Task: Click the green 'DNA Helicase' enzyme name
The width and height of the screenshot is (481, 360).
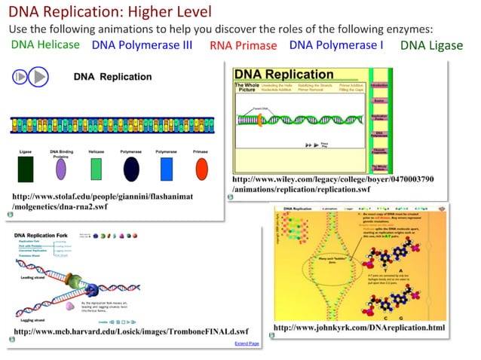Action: coord(45,45)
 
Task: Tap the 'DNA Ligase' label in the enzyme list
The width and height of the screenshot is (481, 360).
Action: coord(431,45)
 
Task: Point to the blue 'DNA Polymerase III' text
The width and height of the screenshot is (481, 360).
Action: coord(142,45)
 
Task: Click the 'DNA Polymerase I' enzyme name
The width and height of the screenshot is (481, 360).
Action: coord(336,45)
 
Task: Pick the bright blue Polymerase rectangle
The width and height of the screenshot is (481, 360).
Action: coord(167,169)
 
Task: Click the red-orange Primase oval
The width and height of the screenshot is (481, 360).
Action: coord(201,169)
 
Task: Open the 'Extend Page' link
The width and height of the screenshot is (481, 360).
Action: coord(247,343)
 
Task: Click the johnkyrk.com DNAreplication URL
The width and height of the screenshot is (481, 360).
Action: coord(359,328)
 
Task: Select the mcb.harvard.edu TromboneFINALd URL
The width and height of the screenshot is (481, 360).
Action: coord(131,331)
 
